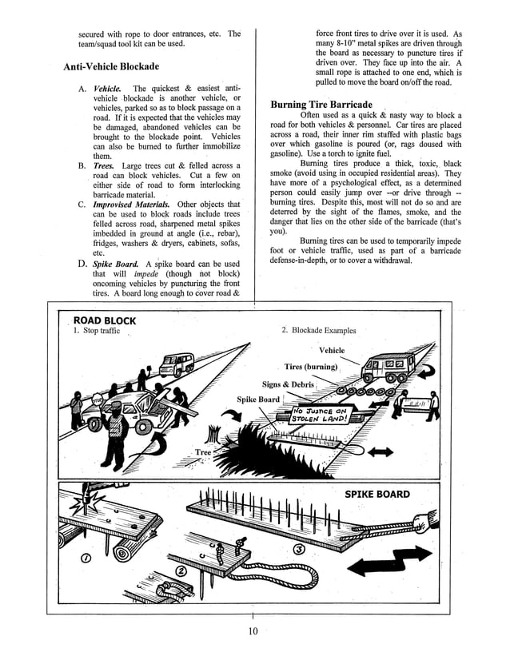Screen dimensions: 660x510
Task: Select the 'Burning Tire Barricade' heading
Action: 321,105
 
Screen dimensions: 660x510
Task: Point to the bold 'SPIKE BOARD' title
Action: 377,494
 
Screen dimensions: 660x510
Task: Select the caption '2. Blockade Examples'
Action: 319,330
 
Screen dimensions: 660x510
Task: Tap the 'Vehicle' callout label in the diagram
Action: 332,351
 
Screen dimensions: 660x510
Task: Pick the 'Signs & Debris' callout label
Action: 288,384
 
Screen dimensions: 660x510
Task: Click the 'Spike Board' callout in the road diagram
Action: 258,400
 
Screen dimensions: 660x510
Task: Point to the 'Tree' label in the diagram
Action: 204,452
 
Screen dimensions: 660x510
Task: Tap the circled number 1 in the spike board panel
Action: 85,557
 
